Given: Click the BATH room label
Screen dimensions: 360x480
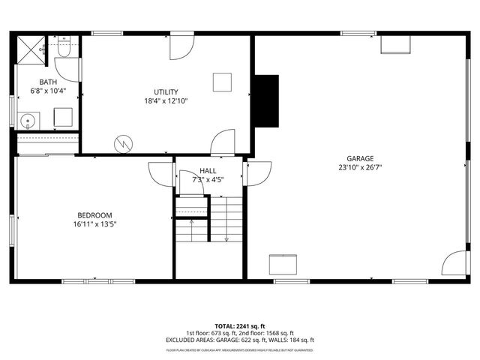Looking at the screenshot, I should point(48,82).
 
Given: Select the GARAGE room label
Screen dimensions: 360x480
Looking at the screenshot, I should point(360,158).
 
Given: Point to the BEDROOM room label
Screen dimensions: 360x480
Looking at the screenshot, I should point(94,214).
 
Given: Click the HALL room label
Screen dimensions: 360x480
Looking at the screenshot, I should point(208,171).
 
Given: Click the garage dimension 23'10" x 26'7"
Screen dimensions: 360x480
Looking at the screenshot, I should point(360,168).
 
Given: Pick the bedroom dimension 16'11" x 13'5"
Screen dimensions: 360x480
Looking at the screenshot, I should point(94,223).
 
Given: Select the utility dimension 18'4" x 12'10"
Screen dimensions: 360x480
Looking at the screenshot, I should point(166,100).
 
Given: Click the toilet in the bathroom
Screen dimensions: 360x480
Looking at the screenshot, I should point(63,50).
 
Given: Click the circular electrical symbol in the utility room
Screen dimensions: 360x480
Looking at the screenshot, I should point(122,142).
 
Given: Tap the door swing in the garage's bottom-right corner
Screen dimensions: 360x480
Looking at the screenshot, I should point(454,264).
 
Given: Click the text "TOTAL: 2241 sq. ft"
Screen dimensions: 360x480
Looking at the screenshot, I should point(239,326).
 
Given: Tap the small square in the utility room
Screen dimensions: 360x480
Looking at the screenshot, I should point(221,82).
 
